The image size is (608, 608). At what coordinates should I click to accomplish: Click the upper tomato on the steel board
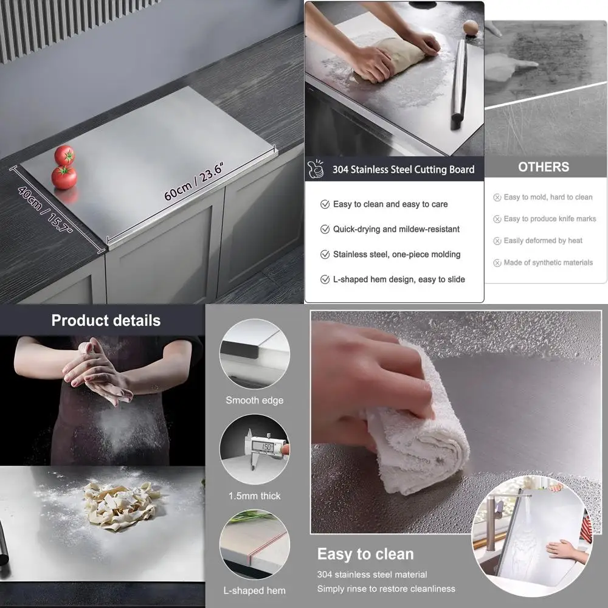[x=64, y=156]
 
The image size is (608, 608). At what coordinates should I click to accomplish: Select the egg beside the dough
[x=471, y=27]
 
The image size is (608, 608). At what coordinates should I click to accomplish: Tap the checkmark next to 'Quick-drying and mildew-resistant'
[x=325, y=229]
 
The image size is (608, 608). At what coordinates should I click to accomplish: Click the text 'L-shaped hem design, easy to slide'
[x=399, y=279]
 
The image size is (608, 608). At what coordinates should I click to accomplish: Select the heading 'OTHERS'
[x=544, y=167]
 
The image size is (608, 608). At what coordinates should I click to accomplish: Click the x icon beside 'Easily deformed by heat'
[x=497, y=241]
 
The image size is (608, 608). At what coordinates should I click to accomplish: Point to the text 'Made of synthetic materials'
[x=548, y=263]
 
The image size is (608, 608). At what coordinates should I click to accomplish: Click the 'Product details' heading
[x=106, y=320]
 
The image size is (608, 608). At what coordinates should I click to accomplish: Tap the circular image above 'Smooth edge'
[x=254, y=354]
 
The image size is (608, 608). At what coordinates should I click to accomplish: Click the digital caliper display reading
[x=266, y=447]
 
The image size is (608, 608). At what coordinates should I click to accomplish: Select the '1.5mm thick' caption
[x=254, y=496]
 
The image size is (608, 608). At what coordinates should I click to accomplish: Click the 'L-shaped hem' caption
[x=254, y=590]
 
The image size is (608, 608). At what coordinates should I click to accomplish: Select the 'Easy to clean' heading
[x=365, y=554]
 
